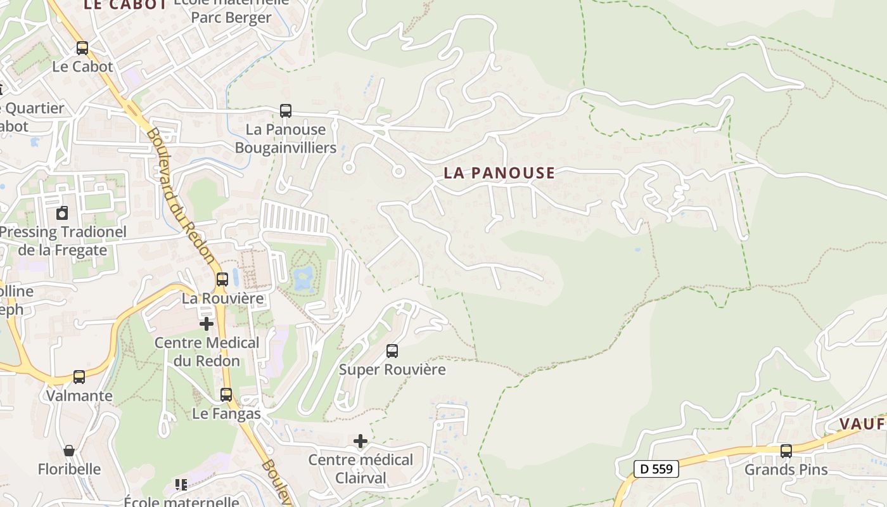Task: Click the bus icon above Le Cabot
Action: pos(82,48)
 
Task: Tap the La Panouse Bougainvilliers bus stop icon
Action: pos(286,111)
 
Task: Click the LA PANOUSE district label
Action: pos(499,172)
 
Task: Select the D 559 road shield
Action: pos(656,469)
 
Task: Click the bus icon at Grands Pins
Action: pos(786,451)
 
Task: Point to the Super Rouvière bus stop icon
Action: pos(392,350)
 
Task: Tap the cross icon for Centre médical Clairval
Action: pos(361,440)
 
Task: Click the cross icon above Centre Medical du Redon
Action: pos(206,324)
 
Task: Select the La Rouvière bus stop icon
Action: pos(222,279)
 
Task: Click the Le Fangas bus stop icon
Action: pos(226,395)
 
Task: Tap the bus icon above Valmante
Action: pos(79,377)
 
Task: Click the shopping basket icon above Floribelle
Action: pos(69,451)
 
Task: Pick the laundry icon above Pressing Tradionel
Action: pos(62,213)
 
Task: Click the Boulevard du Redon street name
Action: pos(181,196)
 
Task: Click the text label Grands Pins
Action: pos(786,470)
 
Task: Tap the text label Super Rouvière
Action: pos(392,369)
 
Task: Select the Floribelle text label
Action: pos(69,470)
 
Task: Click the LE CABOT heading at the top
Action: pos(125,5)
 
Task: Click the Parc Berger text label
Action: pos(231,18)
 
